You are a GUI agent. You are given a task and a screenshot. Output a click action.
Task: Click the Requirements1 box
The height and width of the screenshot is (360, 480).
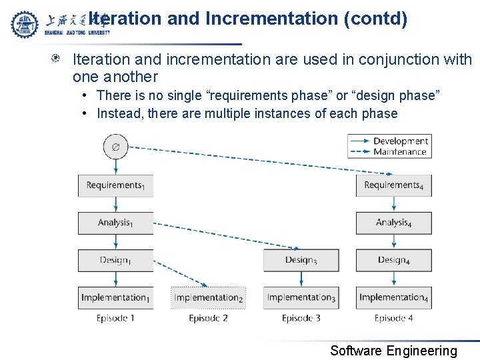(115, 185)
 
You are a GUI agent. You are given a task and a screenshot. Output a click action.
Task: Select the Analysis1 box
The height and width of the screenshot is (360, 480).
(115, 223)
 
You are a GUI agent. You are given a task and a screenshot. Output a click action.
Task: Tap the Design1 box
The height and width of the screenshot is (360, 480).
(115, 260)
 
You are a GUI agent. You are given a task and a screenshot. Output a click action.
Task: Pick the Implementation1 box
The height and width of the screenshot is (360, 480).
(115, 297)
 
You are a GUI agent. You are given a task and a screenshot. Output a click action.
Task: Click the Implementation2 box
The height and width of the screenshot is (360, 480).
(208, 297)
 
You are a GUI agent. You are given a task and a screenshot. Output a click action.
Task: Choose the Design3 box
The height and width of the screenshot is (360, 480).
(301, 260)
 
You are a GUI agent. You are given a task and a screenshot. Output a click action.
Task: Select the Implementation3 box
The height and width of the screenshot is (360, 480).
(301, 297)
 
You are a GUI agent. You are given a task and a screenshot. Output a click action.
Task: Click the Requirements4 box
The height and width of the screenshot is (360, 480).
(393, 185)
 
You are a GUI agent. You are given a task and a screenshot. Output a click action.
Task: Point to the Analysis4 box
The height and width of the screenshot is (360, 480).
(393, 223)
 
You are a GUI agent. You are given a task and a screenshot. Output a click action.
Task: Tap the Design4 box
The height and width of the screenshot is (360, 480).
(393, 260)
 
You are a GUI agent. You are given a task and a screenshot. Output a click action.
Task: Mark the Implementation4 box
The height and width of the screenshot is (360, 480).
(393, 297)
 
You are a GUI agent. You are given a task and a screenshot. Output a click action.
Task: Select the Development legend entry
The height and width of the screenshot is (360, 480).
(400, 141)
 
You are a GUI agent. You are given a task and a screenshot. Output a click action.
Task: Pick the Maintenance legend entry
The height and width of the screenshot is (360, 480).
(399, 151)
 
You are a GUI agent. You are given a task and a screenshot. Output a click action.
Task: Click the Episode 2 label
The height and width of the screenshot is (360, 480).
(208, 318)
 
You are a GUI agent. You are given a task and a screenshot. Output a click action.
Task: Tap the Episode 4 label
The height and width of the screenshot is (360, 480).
(393, 318)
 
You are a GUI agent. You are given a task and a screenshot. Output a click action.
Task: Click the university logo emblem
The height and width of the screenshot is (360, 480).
(25, 24)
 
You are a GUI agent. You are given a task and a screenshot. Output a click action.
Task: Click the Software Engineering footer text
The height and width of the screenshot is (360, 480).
(393, 351)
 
